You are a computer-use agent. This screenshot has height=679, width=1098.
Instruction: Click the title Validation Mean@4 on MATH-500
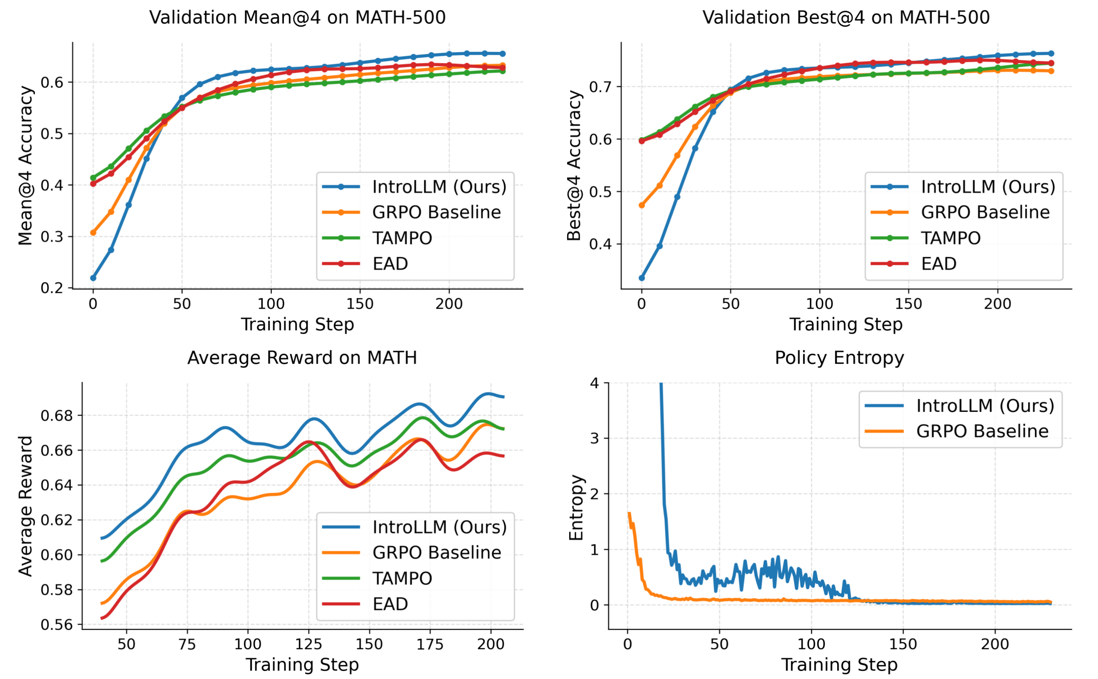click(x=297, y=18)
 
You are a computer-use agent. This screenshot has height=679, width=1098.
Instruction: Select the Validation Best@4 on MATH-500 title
click(x=846, y=18)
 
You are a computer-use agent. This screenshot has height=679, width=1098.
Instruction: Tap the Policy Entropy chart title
click(x=839, y=358)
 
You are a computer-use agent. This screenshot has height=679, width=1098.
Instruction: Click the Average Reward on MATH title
click(x=302, y=358)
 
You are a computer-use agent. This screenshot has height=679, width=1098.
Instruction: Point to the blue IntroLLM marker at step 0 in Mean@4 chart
click(x=93, y=278)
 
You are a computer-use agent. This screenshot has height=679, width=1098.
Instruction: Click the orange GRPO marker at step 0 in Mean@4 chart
click(x=93, y=233)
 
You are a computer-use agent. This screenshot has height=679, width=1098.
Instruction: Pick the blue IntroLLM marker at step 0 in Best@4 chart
click(x=642, y=278)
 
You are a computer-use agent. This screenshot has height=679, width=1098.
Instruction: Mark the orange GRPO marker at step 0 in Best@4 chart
click(x=642, y=205)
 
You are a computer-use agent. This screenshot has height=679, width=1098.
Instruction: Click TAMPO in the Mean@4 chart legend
click(x=402, y=238)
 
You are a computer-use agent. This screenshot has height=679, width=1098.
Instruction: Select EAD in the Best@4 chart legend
click(x=939, y=264)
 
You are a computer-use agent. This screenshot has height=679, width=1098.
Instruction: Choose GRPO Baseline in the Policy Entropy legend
click(x=982, y=431)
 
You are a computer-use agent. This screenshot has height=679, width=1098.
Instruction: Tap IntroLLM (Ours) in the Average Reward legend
click(x=439, y=527)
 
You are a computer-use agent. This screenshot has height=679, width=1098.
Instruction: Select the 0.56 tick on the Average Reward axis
click(x=56, y=625)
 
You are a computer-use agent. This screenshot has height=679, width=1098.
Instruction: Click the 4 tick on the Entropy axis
click(x=595, y=383)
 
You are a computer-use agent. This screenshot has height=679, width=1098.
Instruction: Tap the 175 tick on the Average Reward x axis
click(x=430, y=644)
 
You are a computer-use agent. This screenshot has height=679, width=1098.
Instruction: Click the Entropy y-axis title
click(x=576, y=508)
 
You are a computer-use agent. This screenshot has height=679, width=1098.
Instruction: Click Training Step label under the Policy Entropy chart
click(x=839, y=665)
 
